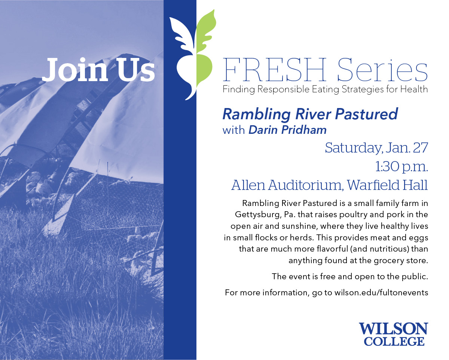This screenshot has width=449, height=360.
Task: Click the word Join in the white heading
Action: click(x=75, y=70)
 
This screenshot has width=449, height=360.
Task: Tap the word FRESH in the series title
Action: click(x=274, y=70)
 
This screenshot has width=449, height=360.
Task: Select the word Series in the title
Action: click(x=382, y=70)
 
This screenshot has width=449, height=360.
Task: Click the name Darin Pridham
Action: click(x=287, y=130)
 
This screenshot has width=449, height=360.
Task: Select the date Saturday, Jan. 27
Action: click(x=376, y=148)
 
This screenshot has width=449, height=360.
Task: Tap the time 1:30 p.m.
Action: click(x=401, y=167)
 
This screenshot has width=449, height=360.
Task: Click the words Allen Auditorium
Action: click(x=287, y=185)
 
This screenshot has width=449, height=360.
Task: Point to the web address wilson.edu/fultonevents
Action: click(x=381, y=293)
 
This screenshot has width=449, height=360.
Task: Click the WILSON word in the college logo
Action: click(x=394, y=329)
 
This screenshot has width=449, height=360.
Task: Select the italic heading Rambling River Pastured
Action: click(x=310, y=114)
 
